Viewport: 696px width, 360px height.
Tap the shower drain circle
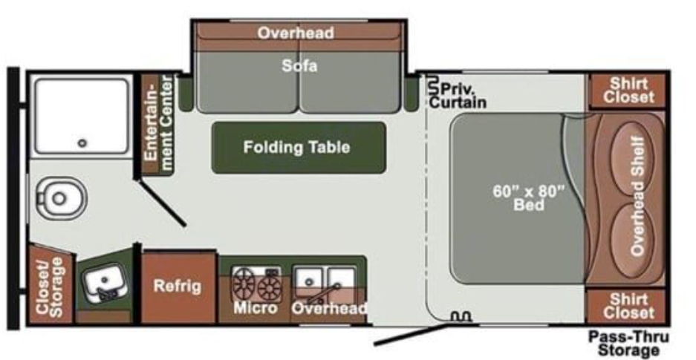click(82, 143)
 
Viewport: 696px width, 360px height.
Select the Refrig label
click(177, 286)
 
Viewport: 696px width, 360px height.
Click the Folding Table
click(297, 147)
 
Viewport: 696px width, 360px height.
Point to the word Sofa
click(299, 66)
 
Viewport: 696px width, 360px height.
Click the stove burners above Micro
click(257, 284)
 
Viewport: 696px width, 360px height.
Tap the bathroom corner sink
click(104, 284)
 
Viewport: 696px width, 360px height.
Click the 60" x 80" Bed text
click(529, 197)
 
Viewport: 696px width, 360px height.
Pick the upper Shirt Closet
click(628, 91)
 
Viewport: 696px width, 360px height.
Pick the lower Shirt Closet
click(628, 306)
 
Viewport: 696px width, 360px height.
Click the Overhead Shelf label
click(637, 197)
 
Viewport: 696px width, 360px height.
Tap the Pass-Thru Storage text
click(623, 343)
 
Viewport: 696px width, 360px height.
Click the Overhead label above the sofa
click(296, 33)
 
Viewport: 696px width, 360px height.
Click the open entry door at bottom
click(412, 333)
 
